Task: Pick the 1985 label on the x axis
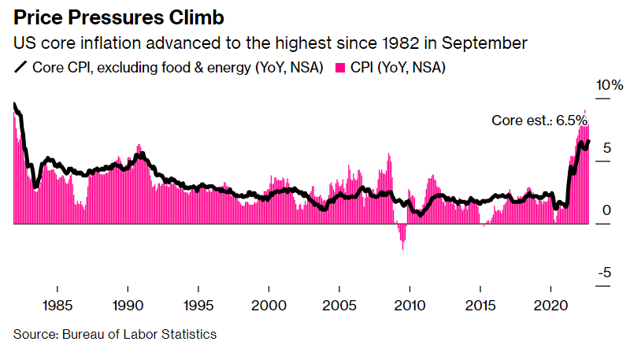(x=56, y=305)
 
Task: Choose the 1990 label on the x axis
(x=127, y=305)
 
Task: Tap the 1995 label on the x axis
(x=198, y=305)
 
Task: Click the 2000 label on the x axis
(x=269, y=305)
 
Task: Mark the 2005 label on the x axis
(x=339, y=305)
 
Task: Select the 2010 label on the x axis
(x=410, y=305)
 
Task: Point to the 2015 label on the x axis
(x=481, y=305)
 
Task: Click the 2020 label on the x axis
(x=552, y=305)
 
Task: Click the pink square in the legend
(x=342, y=68)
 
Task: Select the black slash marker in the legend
(x=20, y=68)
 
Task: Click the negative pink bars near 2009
(x=402, y=236)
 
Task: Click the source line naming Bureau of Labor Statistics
(x=114, y=334)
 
